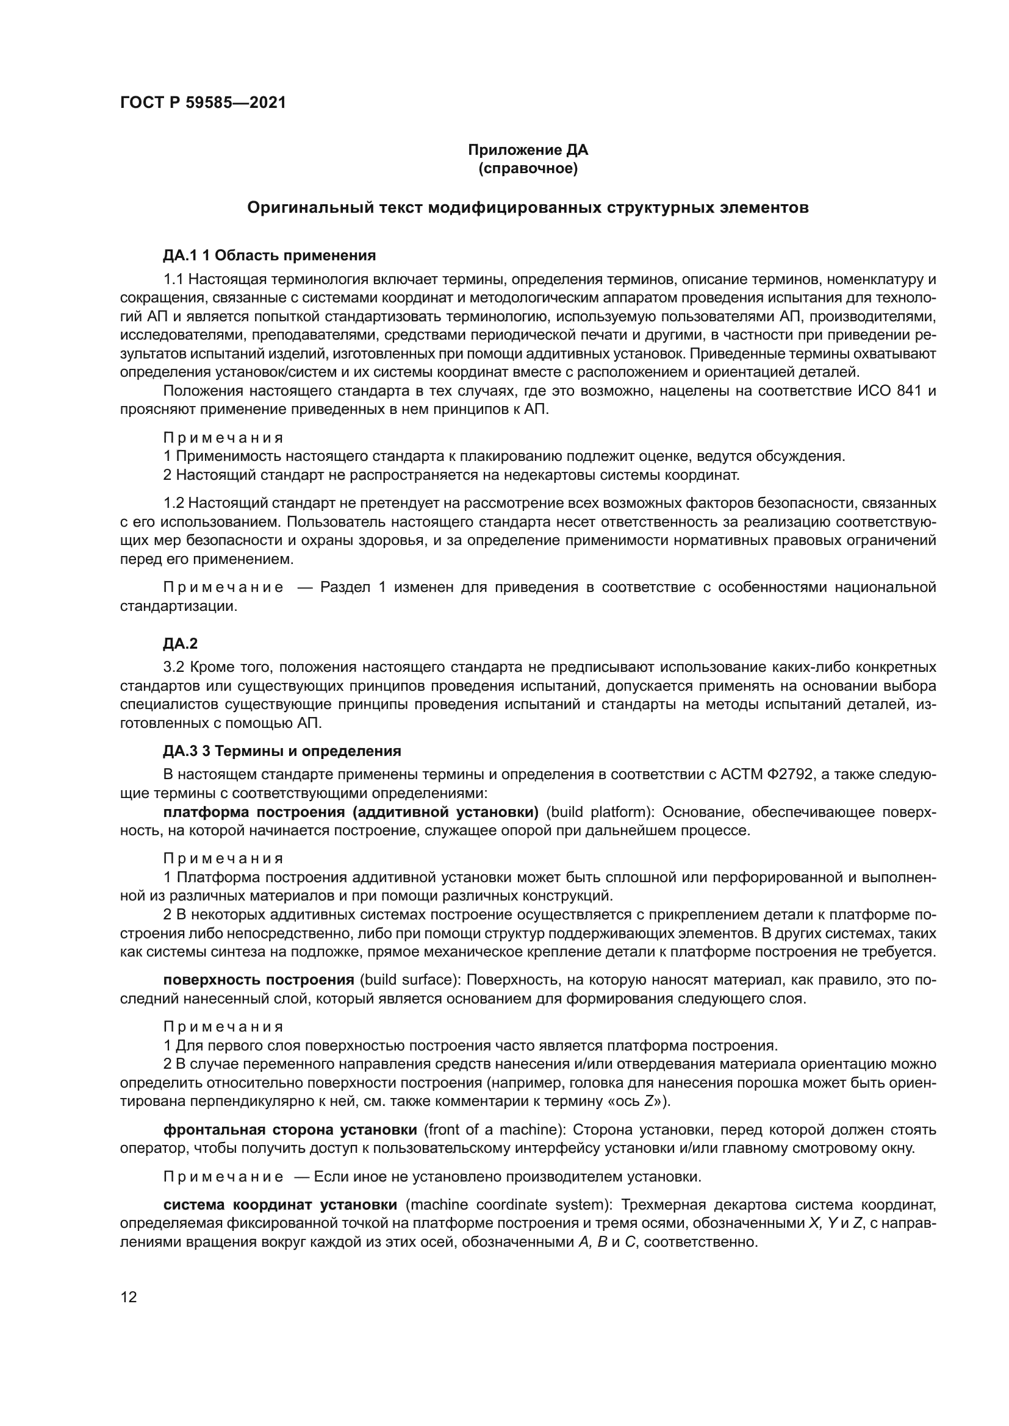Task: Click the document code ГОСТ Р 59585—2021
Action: pyautogui.click(x=203, y=102)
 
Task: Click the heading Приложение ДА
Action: pyautogui.click(x=528, y=150)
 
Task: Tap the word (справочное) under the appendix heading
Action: pyautogui.click(x=528, y=168)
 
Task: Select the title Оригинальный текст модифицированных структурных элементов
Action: pyautogui.click(x=528, y=207)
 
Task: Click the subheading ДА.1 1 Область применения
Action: pyautogui.click(x=269, y=255)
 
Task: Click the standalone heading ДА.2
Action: pyautogui.click(x=180, y=643)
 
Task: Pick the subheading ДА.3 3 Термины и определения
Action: pyautogui.click(x=281, y=751)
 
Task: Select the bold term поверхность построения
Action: pyautogui.click(x=259, y=980)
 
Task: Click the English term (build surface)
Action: pyautogui.click(x=409, y=980)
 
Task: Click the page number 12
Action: pyautogui.click(x=129, y=1297)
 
